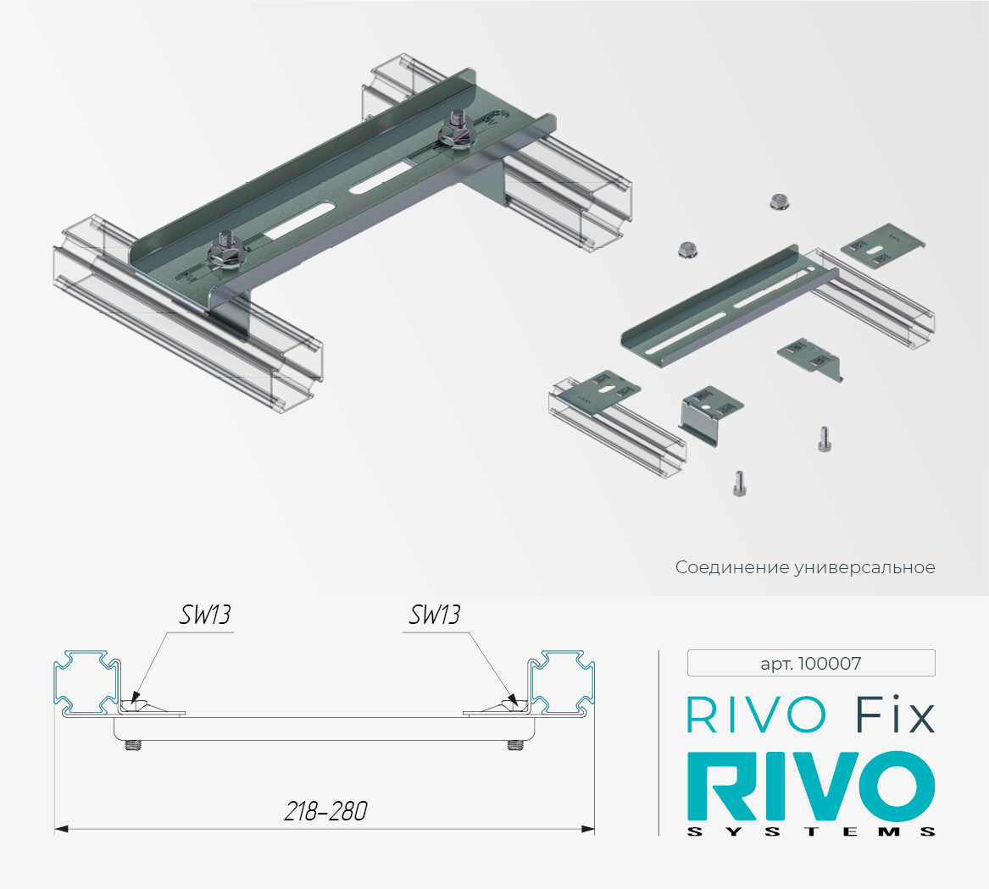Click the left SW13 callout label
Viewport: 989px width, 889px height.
(x=205, y=615)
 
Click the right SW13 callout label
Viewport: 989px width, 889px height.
(x=435, y=615)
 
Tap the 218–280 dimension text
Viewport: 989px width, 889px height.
(x=325, y=811)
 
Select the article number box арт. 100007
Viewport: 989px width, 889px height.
(x=811, y=663)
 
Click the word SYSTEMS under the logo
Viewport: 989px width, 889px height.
(x=811, y=831)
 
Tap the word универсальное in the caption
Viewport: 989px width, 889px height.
(x=864, y=567)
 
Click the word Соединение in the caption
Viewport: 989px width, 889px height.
(x=731, y=567)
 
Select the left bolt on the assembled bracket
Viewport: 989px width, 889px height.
(x=226, y=250)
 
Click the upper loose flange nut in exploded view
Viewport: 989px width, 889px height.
(x=780, y=202)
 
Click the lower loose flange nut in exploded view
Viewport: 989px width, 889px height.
(x=687, y=250)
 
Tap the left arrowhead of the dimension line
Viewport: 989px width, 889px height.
(x=61, y=829)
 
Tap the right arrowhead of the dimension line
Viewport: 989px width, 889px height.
(x=588, y=829)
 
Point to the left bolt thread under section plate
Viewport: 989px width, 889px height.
(x=133, y=745)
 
